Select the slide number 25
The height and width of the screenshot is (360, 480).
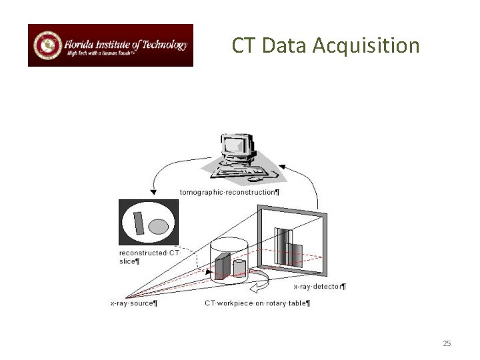[447, 343]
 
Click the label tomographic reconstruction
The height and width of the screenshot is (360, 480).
[230, 192]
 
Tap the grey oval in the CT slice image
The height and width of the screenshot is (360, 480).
[157, 227]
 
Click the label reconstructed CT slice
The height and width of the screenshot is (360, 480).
[148, 257]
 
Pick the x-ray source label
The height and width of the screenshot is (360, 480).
[134, 304]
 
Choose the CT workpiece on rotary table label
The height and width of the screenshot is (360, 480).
[257, 304]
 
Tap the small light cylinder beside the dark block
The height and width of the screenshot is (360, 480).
[239, 267]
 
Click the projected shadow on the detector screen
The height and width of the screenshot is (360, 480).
[289, 247]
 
